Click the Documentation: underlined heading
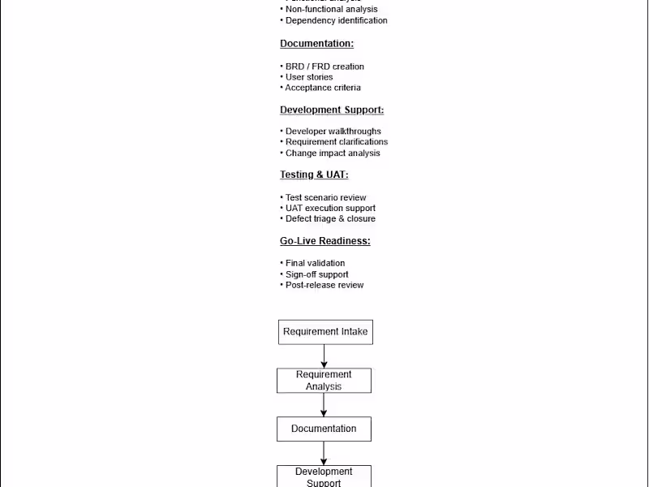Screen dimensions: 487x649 pos(316,44)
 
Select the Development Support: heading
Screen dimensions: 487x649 pos(332,110)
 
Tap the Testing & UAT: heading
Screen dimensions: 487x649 pos(314,175)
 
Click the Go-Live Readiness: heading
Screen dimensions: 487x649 pos(324,241)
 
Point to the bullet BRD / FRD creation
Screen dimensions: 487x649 pos(324,67)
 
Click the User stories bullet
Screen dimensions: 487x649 pos(308,77)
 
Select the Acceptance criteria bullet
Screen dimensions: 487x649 pos(322,88)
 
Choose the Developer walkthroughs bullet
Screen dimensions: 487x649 pos(333,131)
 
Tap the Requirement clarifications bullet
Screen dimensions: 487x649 pos(336,142)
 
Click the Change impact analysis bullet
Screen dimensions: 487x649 pos(332,153)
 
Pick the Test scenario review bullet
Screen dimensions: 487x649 pos(325,198)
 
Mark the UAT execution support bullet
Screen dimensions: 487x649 pos(329,209)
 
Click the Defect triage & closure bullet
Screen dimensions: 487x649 pos(329,219)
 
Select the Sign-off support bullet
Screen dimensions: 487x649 pos(316,274)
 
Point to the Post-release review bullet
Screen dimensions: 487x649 pos(324,285)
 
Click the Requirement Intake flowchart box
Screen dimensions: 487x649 pos(325,332)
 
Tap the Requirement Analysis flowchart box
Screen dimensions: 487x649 pos(324,381)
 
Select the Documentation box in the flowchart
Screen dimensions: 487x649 pos(324,429)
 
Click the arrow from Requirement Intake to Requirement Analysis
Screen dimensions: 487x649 pos(324,356)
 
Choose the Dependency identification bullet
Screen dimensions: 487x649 pos(336,20)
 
